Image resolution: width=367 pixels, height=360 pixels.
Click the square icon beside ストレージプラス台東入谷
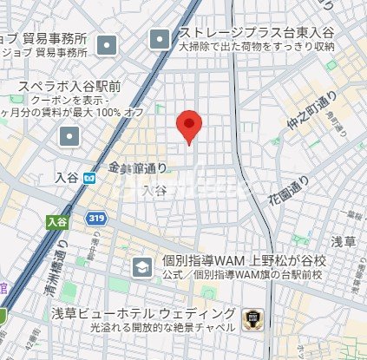click(x=161, y=39)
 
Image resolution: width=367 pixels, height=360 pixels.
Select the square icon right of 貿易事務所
click(x=107, y=44)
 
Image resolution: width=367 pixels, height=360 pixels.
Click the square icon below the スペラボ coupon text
click(x=69, y=136)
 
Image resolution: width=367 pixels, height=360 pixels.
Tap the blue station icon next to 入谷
click(x=88, y=178)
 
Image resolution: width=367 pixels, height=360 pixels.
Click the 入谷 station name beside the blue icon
click(x=67, y=178)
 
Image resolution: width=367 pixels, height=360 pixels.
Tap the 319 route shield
click(x=96, y=220)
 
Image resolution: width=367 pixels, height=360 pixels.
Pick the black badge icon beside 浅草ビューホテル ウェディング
click(x=252, y=319)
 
